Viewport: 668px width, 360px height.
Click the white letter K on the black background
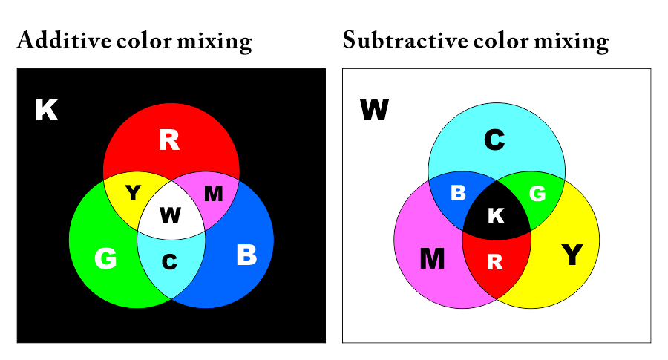click(x=47, y=110)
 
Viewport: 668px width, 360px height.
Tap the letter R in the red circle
click(x=169, y=140)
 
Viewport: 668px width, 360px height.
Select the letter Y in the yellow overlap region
click(x=133, y=193)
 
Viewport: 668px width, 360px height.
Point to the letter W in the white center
click(x=171, y=215)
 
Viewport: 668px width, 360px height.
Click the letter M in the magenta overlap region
click(x=214, y=194)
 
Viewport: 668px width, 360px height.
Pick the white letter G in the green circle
click(x=105, y=258)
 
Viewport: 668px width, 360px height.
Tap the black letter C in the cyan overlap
click(x=169, y=261)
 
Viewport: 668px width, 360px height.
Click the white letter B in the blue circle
click(x=246, y=255)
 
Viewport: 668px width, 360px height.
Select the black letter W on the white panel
click(x=375, y=110)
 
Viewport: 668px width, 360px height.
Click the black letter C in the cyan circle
click(x=494, y=140)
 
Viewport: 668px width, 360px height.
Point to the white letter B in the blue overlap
click(x=459, y=193)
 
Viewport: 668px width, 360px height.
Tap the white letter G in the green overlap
click(x=537, y=194)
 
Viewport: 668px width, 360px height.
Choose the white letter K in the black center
click(x=497, y=215)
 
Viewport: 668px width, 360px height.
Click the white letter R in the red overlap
click(x=494, y=262)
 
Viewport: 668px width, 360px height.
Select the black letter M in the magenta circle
click(x=432, y=258)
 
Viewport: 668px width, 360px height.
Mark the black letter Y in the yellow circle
click(x=572, y=255)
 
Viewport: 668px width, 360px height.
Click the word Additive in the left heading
click(x=64, y=41)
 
